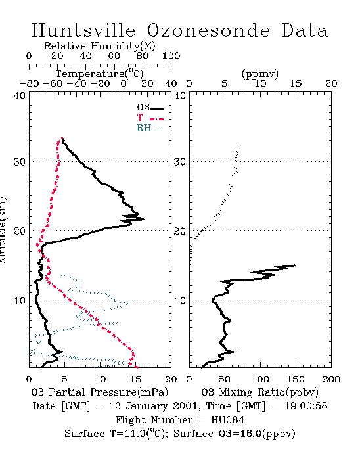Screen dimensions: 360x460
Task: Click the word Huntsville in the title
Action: coord(83,30)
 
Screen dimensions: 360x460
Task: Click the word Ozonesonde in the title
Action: coord(208,30)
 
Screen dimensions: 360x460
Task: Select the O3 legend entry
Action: coord(150,108)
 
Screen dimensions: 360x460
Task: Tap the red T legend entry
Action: coord(150,118)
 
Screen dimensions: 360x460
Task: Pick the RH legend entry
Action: coord(150,128)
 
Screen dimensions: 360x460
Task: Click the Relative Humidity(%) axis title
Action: coord(100,46)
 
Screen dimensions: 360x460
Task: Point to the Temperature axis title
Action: coord(100,74)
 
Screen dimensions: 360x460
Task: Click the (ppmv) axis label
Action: coord(260,74)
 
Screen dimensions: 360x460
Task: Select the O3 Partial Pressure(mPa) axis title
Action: coord(100,392)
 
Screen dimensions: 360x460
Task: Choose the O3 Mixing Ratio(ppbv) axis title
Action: coord(259,392)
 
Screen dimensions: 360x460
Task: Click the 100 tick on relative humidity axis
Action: coord(171,56)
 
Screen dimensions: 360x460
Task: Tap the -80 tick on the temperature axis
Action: coord(29,83)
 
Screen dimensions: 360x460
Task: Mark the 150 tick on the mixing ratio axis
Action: coord(296,379)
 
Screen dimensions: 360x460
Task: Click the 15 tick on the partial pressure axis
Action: coord(135,379)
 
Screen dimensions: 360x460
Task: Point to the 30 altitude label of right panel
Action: coord(180,162)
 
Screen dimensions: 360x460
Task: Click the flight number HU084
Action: coord(227,420)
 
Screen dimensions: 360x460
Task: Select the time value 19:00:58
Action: coord(305,406)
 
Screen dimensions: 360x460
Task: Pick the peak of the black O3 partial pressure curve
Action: coord(145,219)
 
